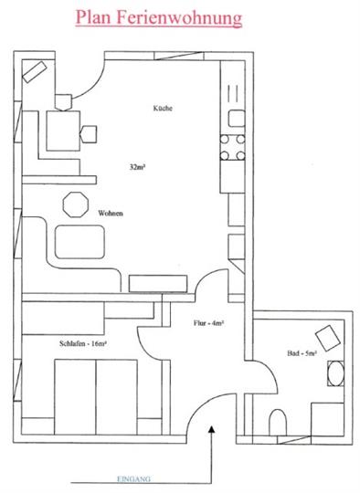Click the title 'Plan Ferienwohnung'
159,18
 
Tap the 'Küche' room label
163,108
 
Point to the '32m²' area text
138,167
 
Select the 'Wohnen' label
111,214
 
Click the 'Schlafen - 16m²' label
84,343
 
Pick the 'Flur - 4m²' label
209,323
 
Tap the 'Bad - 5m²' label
302,353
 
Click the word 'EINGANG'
133,479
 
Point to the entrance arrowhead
212,429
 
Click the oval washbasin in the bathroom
335,373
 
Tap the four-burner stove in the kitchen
232,147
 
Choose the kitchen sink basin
237,118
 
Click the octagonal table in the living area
76,205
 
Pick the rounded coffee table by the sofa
79,242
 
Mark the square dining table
63,131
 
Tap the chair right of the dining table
89,134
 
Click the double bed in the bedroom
96,397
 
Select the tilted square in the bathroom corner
328,337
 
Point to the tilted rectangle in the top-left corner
35,72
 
